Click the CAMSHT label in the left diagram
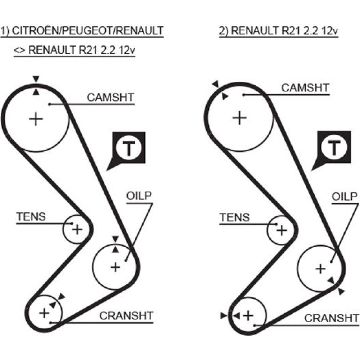coord(111,98)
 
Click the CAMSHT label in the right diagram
coord(305,88)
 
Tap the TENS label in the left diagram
coord(31,216)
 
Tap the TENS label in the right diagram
coord(235,217)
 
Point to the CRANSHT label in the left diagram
coord(126,316)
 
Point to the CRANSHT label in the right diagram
coord(331,318)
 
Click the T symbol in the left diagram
coord(129,148)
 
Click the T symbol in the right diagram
coord(334,148)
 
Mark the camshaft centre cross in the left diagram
coord(36,118)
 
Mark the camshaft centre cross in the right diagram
coord(239,117)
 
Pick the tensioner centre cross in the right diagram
coord(282,230)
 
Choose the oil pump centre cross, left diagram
coord(115,267)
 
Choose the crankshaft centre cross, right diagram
coord(248,316)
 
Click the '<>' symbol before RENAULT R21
coord(19,50)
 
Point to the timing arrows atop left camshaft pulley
coord(36,85)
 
